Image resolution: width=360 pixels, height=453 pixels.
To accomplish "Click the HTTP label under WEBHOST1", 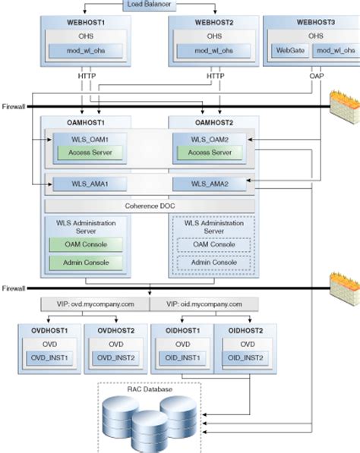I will pos(86,76).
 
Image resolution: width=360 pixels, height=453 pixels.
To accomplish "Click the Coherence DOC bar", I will pos(150,205).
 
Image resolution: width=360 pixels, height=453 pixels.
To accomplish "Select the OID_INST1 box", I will pos(179,357).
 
